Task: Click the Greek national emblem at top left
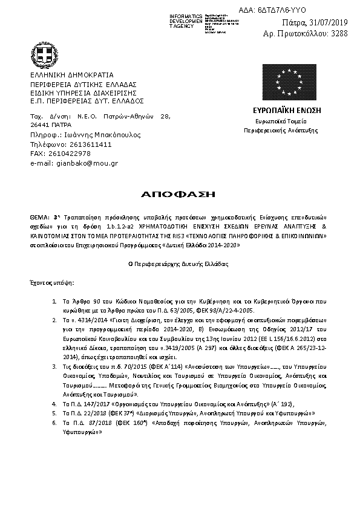(x=44, y=57)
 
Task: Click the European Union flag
(x=287, y=83)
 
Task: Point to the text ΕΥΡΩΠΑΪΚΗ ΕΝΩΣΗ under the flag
(x=287, y=111)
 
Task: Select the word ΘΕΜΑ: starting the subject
(x=40, y=216)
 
